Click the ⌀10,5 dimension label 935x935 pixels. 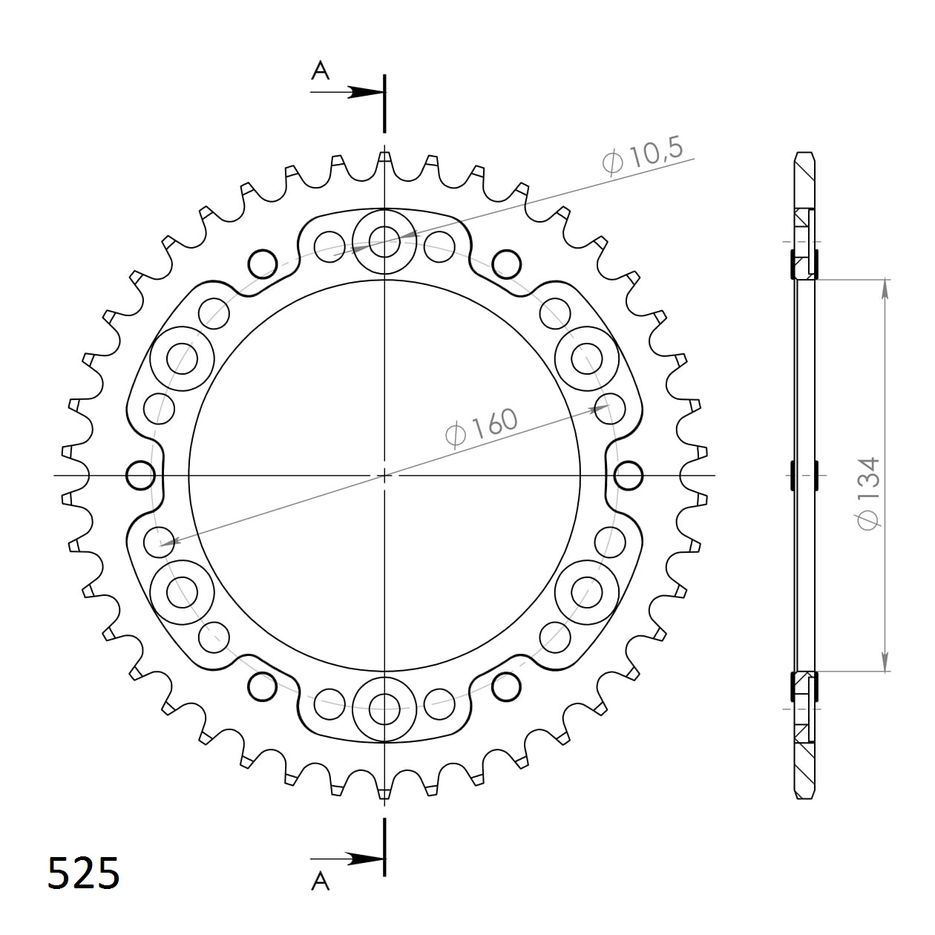(x=643, y=157)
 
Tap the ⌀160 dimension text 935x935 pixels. (x=482, y=427)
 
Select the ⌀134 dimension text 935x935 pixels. (x=868, y=493)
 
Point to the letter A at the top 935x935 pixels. (x=320, y=70)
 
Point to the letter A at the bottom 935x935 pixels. (x=320, y=881)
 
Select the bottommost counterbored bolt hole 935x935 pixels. (x=384, y=709)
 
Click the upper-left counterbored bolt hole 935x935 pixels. (x=182, y=359)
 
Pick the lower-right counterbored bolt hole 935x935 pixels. (x=587, y=592)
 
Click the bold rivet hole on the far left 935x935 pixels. (x=140, y=475)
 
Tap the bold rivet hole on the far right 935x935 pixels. (x=629, y=475)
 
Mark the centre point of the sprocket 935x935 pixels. (x=384, y=475)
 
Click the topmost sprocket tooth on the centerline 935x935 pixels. (x=384, y=157)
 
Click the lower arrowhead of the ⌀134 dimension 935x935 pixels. (x=885, y=662)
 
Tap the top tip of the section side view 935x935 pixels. (x=804, y=154)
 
